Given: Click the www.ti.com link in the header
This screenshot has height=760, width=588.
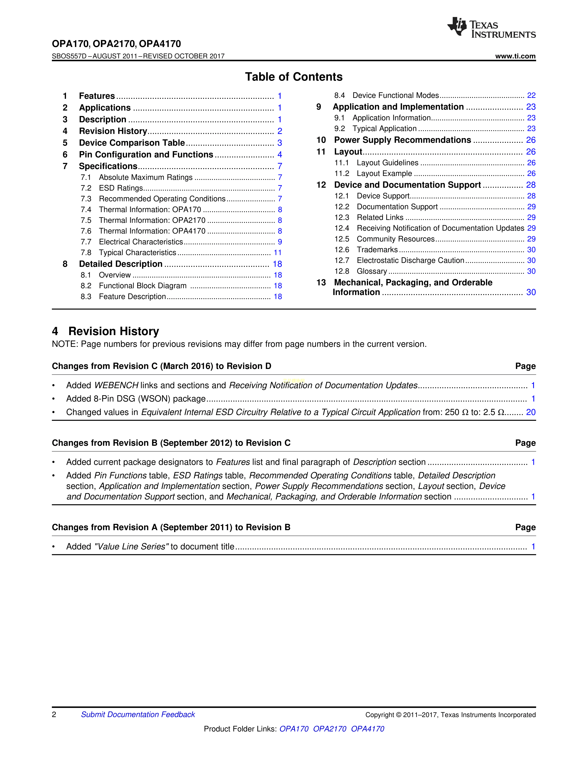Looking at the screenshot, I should coord(515,56).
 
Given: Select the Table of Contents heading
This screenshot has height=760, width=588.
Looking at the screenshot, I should coord(294,76).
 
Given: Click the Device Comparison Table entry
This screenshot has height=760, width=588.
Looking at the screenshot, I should coord(132,143).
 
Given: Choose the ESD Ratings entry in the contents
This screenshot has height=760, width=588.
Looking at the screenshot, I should coord(121,188).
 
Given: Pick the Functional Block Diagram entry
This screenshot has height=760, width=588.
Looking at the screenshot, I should coord(143,286).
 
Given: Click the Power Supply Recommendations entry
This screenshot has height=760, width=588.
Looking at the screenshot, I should coord(402,140).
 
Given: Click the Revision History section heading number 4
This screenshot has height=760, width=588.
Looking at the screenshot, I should coord(55,331).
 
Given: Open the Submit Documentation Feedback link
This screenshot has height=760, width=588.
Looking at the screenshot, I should coord(138,714).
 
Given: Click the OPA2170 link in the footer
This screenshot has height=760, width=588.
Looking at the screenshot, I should coord(330,729).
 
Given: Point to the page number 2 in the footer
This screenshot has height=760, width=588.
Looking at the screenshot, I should coord(54,714).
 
